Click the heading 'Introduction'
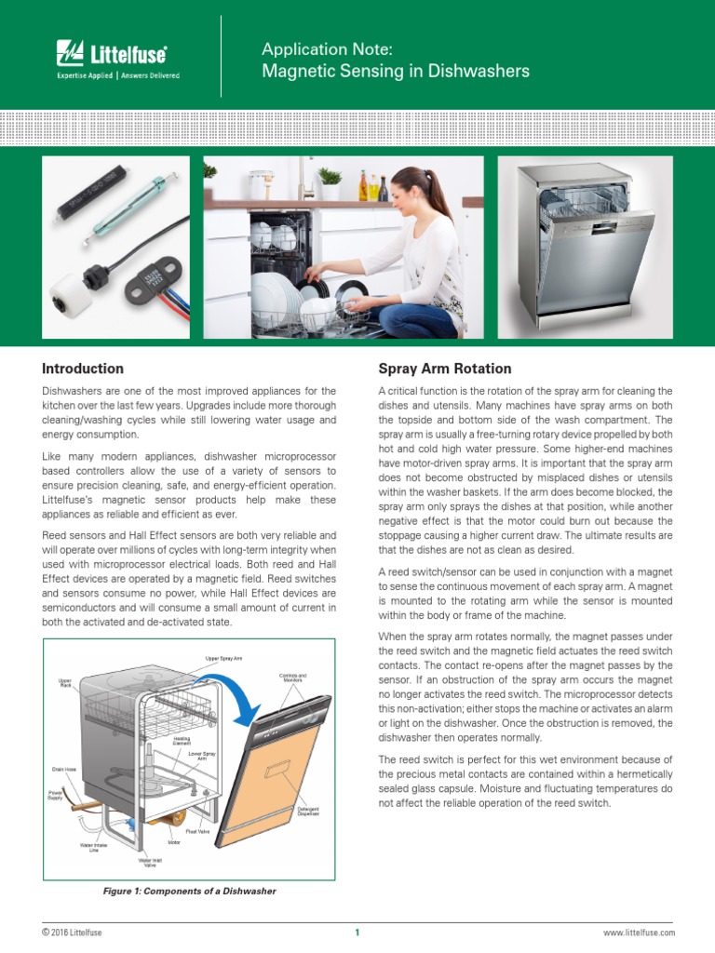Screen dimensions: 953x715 tap(83, 369)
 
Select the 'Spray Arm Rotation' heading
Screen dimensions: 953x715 tap(444, 369)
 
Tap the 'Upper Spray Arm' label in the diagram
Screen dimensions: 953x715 tap(223, 658)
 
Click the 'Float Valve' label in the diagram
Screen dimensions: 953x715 tap(198, 830)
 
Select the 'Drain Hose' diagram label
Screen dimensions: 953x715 tap(64, 770)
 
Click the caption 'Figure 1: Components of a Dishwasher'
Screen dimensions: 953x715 tap(189, 891)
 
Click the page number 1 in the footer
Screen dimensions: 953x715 tap(357, 932)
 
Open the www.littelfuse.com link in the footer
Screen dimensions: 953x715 tap(640, 932)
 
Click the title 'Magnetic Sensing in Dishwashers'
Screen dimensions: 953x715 tap(396, 71)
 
